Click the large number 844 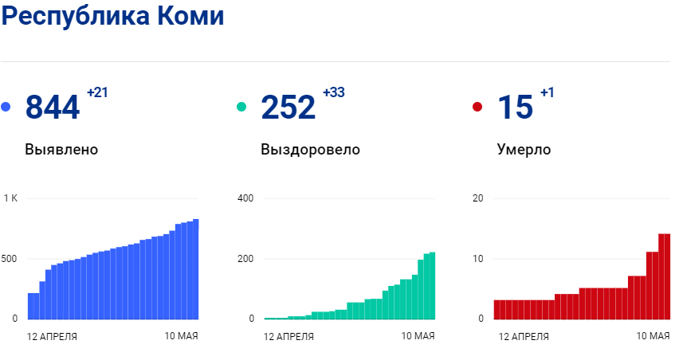pyautogui.click(x=53, y=108)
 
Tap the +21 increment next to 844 pyautogui.click(x=97, y=92)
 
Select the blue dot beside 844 pyautogui.click(x=6, y=108)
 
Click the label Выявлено pyautogui.click(x=61, y=149)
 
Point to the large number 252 pyautogui.click(x=288, y=108)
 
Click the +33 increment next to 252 pyautogui.click(x=333, y=92)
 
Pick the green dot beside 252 pyautogui.click(x=241, y=108)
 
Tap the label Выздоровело pyautogui.click(x=310, y=149)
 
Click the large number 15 pyautogui.click(x=515, y=108)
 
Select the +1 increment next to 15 pyautogui.click(x=548, y=92)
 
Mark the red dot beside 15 pyautogui.click(x=477, y=108)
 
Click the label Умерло pyautogui.click(x=524, y=149)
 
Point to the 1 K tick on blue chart pyautogui.click(x=10, y=198)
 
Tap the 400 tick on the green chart pyautogui.click(x=245, y=198)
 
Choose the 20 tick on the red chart pyautogui.click(x=478, y=198)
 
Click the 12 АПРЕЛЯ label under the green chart pyautogui.click(x=288, y=337)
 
